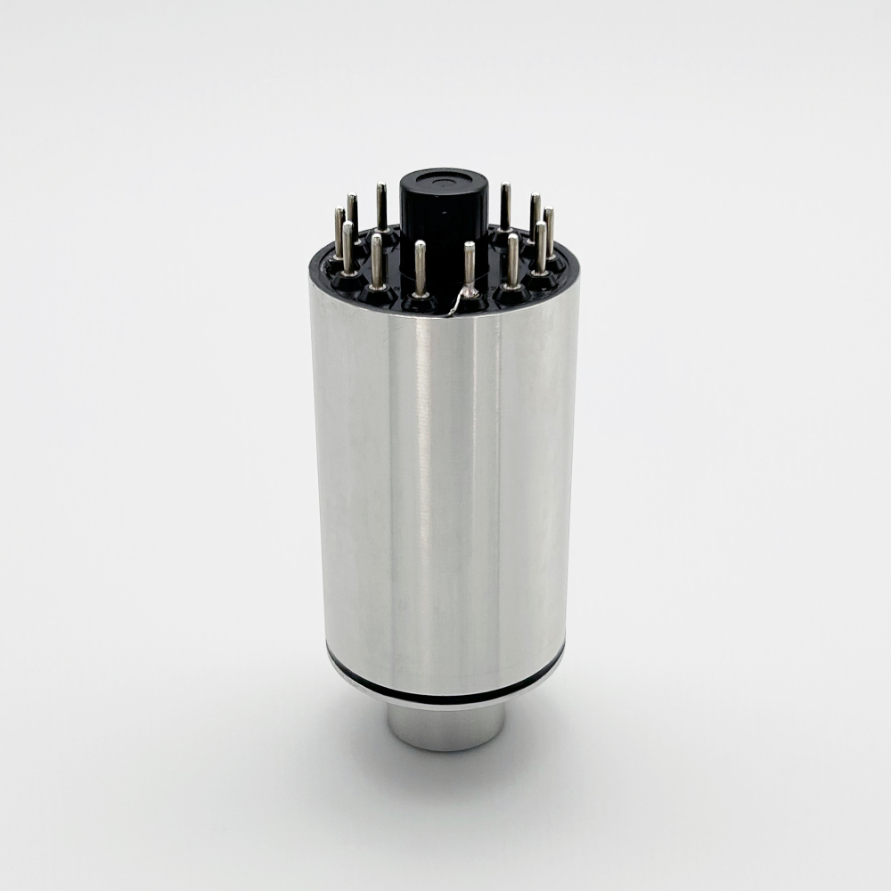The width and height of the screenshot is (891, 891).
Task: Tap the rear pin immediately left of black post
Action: point(381,208)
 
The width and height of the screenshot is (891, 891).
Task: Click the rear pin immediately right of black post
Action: point(505,208)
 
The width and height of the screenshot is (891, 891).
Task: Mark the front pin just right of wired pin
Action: point(512,260)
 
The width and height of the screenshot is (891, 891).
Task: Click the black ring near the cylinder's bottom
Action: point(445,684)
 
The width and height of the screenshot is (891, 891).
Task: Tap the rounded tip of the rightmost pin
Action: point(549,213)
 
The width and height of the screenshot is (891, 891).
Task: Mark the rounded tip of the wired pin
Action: point(470,246)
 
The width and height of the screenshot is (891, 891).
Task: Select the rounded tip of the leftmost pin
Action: point(339,213)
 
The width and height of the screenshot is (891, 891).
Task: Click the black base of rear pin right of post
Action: point(503,234)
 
